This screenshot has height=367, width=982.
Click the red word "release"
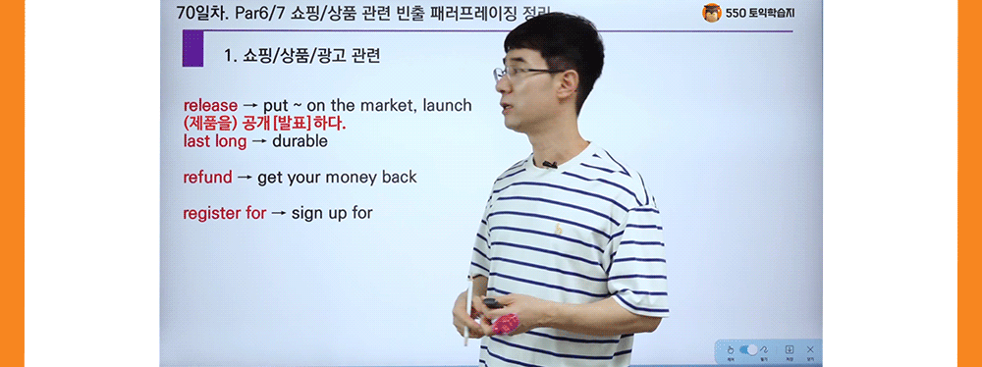[210, 105]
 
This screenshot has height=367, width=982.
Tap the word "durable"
[300, 141]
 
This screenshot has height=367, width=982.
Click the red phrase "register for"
[224, 213]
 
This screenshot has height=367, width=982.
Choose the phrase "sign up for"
[332, 213]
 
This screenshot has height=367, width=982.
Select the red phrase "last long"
[214, 141]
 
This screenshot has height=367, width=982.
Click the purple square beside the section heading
[192, 49]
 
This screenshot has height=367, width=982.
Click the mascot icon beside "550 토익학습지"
[712, 13]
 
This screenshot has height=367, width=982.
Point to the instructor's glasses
[520, 74]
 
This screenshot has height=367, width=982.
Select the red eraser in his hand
[504, 321]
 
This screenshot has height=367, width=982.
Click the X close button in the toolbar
[809, 349]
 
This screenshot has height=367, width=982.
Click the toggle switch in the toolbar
[752, 349]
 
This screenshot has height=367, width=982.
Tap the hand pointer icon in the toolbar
[730, 349]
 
